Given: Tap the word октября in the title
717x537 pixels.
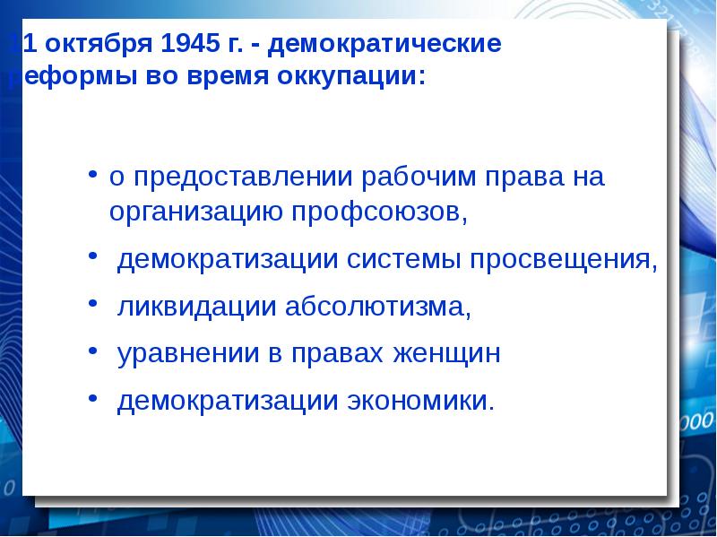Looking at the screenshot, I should [96, 43].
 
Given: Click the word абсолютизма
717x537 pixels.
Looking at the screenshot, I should [378, 307].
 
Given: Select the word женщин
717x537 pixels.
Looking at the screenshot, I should [445, 354].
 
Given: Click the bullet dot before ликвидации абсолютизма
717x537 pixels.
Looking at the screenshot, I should [93, 306].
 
